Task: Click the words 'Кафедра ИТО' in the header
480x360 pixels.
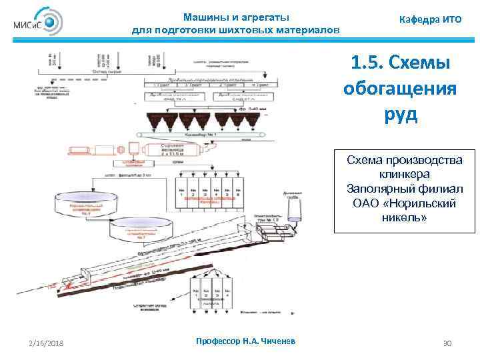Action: [x=430, y=20]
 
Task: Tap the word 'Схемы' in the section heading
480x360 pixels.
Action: [x=419, y=65]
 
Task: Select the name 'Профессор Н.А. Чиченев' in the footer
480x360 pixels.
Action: [x=247, y=341]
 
